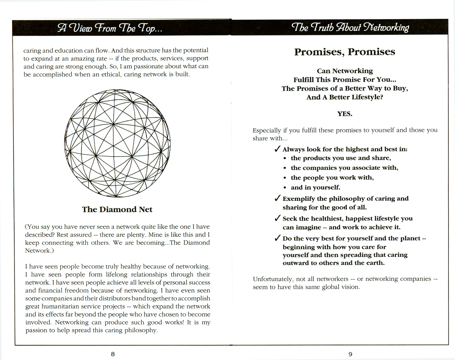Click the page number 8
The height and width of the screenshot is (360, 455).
[113, 354]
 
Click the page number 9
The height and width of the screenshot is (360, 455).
[350, 354]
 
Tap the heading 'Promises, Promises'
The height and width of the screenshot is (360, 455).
[344, 52]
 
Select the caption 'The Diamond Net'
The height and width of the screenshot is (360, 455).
[117, 210]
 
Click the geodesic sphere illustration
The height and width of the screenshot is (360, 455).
[117, 143]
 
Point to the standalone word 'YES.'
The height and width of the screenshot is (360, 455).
[344, 114]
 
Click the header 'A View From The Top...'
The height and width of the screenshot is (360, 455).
[110, 28]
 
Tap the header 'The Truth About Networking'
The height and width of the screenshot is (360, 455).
[350, 28]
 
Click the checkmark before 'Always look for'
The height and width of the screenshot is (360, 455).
[277, 149]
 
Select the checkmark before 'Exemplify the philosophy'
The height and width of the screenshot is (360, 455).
[277, 198]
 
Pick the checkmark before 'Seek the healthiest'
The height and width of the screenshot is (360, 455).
[277, 218]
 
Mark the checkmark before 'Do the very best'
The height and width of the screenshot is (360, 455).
[277, 238]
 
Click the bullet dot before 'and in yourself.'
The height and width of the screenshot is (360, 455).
[285, 188]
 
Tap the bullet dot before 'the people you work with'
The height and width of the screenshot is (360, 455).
[285, 178]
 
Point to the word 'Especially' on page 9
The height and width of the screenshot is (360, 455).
[266, 131]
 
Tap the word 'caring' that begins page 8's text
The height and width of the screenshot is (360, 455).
[32, 51]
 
